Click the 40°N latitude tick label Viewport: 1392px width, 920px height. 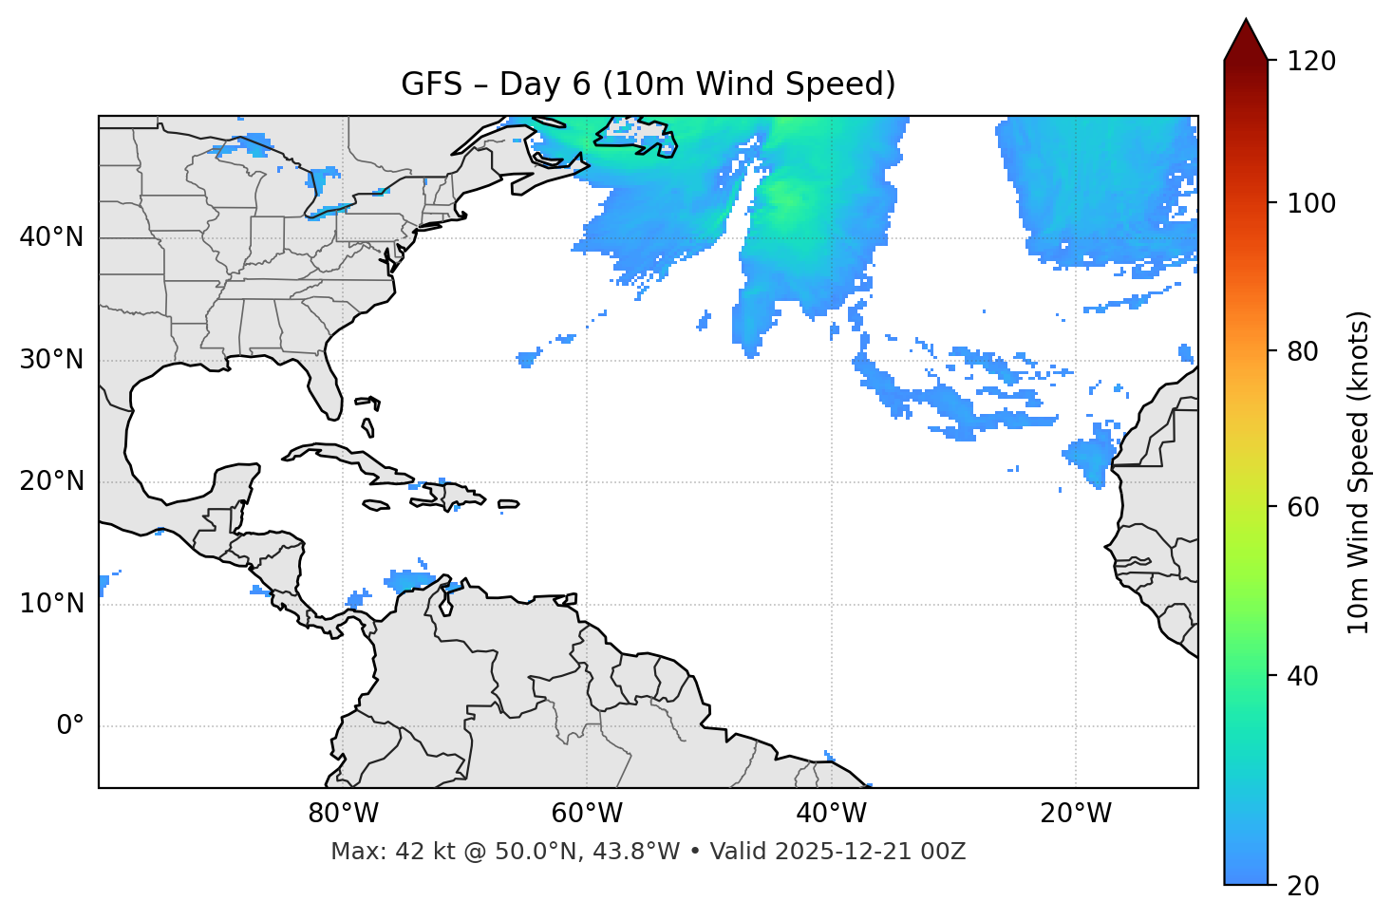click(x=51, y=237)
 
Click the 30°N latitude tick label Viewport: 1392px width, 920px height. click(x=51, y=360)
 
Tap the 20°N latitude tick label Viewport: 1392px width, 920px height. click(x=51, y=481)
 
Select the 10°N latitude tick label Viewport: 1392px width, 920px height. click(x=51, y=604)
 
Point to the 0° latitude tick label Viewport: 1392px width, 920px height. click(x=69, y=726)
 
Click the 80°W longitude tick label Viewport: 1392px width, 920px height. click(x=343, y=814)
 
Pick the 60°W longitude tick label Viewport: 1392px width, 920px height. click(x=587, y=814)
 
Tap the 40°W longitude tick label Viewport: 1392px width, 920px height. click(x=832, y=814)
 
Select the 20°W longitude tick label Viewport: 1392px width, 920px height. click(x=1076, y=814)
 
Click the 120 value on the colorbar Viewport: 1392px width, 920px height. click(x=1310, y=62)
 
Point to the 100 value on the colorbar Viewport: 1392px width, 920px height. click(x=1310, y=203)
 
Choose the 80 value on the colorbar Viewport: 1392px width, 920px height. click(x=1303, y=351)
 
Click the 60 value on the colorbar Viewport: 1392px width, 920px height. click(x=1303, y=507)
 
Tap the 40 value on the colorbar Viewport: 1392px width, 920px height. click(x=1303, y=676)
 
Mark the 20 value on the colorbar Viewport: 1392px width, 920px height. click(x=1303, y=886)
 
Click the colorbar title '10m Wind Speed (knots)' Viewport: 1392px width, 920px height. click(x=1359, y=473)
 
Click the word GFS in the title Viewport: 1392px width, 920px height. click(x=431, y=84)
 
